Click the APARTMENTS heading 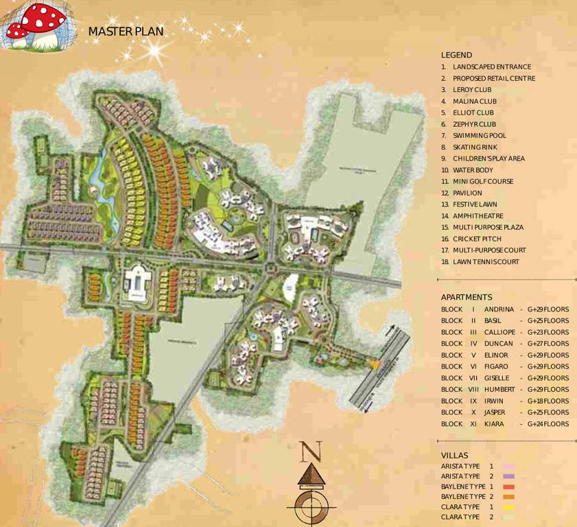coord(467,297)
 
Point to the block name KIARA coord(494,424)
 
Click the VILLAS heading coord(454,455)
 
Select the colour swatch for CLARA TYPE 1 coord(508,507)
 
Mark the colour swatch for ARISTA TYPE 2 coord(508,476)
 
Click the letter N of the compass coord(311,452)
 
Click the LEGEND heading coord(456,55)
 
